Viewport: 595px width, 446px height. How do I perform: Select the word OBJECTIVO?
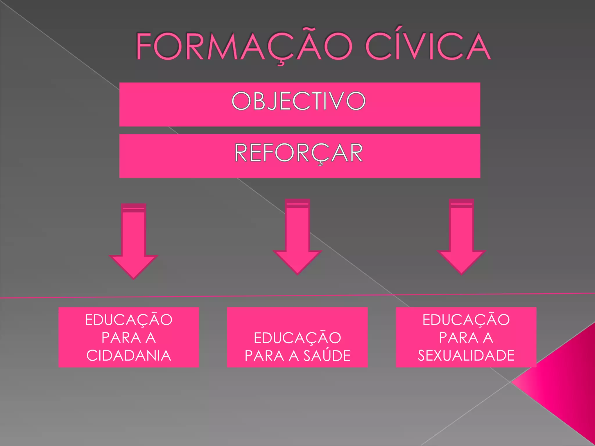pos(298,101)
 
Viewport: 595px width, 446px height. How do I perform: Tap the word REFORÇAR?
pos(298,153)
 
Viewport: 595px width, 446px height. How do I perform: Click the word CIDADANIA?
pos(129,355)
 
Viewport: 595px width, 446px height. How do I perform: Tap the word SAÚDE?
pos(327,356)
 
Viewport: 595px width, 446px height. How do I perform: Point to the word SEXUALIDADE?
pos(466,355)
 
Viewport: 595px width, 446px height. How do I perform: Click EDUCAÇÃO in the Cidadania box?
pos(129,320)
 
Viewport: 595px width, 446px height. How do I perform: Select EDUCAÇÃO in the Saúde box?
pos(297,338)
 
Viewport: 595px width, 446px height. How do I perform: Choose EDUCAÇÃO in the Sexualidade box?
pos(466,320)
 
